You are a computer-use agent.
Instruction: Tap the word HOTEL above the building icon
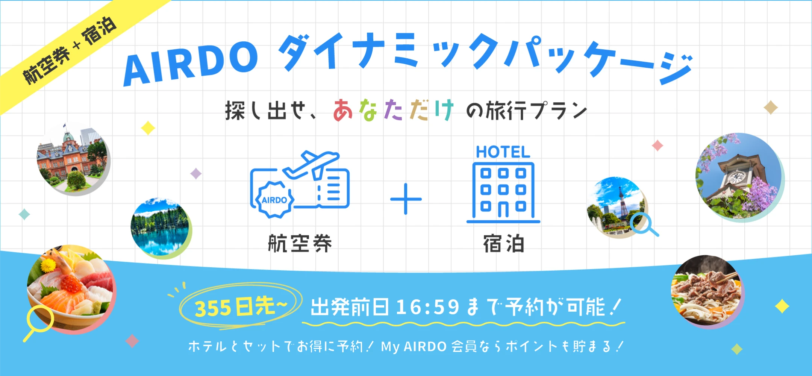(x=503, y=152)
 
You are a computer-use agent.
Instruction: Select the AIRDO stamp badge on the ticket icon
(x=274, y=200)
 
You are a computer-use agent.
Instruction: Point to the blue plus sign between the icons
(x=406, y=199)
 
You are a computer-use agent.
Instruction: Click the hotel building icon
(x=503, y=192)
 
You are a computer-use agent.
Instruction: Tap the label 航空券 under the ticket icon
(x=300, y=244)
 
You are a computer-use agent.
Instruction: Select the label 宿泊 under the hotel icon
(x=503, y=244)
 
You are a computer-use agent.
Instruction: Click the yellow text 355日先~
(x=241, y=307)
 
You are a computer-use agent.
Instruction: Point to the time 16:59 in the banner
(x=427, y=307)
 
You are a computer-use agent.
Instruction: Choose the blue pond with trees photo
(x=160, y=227)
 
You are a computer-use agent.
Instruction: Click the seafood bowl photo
(x=71, y=288)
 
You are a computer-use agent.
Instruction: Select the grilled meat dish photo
(x=706, y=291)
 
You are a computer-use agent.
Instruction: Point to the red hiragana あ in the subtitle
(x=342, y=111)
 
